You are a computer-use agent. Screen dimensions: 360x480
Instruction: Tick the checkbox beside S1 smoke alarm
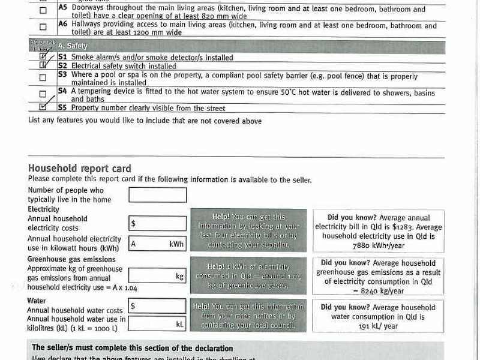(x=43, y=58)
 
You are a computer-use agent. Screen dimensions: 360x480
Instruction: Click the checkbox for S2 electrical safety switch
(x=43, y=65)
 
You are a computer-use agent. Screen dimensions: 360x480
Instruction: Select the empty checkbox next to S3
(x=43, y=77)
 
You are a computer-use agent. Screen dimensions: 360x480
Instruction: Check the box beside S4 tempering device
(x=43, y=94)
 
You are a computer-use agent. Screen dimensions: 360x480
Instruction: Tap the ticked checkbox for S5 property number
(x=43, y=107)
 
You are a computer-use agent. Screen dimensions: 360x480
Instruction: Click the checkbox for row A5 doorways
(x=43, y=11)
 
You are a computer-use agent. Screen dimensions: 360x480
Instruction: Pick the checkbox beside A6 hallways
(x=43, y=27)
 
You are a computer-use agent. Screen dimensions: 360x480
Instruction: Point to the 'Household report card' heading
(x=79, y=169)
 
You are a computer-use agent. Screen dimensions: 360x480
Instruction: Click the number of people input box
(x=157, y=195)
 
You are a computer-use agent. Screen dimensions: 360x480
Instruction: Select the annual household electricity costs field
(x=157, y=223)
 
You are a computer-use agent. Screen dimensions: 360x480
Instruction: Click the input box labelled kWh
(x=157, y=244)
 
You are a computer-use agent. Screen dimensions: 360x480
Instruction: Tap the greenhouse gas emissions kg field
(x=157, y=276)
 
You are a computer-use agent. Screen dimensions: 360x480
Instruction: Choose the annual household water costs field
(x=157, y=306)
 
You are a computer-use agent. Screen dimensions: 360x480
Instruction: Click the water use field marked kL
(x=157, y=323)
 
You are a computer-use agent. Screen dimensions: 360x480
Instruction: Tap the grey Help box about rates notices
(x=248, y=316)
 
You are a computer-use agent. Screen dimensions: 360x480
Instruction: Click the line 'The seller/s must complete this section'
(x=132, y=348)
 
